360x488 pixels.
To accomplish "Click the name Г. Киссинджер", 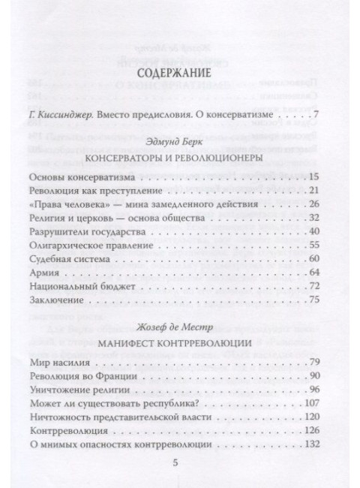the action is [69, 116].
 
